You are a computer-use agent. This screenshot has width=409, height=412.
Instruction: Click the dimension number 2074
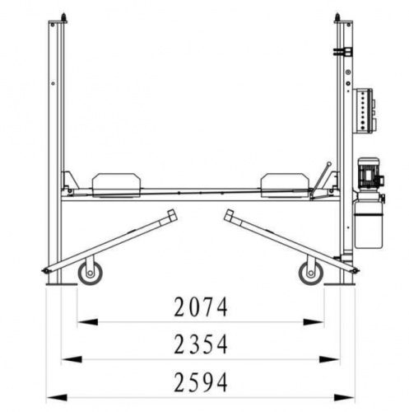pos(201,307)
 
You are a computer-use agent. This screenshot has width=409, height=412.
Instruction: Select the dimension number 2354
pos(201,344)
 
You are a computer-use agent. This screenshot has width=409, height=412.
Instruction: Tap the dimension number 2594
pos(201,382)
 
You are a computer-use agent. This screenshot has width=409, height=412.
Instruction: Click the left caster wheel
pos(90,273)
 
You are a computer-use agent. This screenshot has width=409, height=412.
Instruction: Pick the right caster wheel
pos(311,273)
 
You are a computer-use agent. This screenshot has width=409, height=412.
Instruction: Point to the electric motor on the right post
pos(370,174)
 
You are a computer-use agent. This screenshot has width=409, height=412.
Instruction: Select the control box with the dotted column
pos(364,111)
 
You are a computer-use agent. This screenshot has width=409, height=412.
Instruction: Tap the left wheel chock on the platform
pos(117,185)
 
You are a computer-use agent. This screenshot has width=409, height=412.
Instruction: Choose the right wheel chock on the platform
pos(286,185)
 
